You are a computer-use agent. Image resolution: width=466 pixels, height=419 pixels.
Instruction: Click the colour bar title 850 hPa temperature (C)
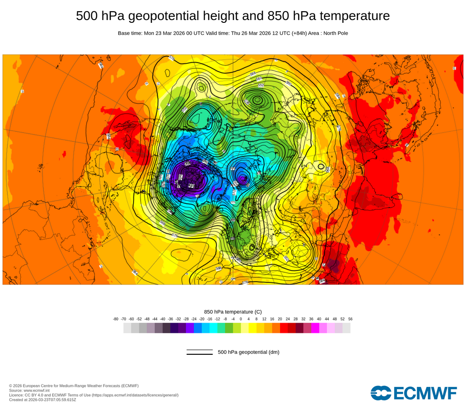point(233,311)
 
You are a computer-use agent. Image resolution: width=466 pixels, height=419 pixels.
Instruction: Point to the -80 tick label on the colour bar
point(116,319)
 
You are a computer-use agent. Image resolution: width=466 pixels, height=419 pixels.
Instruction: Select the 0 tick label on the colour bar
point(241,319)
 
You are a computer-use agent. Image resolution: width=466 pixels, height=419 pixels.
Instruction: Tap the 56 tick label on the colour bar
point(350,319)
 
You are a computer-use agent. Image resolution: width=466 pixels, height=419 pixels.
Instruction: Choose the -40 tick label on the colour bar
point(163,319)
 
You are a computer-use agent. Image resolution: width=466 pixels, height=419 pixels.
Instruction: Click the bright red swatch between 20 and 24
point(284,328)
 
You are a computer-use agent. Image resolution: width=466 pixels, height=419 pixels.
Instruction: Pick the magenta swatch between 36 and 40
point(315,328)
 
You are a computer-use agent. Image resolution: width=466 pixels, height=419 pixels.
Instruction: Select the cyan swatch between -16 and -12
point(213,328)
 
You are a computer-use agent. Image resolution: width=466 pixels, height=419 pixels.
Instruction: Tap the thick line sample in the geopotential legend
point(199,354)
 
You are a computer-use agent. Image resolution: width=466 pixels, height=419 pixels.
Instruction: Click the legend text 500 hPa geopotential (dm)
point(248,352)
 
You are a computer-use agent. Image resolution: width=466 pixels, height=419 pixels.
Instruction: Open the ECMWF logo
point(414,393)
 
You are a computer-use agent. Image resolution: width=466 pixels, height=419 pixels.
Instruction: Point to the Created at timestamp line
point(42,400)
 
